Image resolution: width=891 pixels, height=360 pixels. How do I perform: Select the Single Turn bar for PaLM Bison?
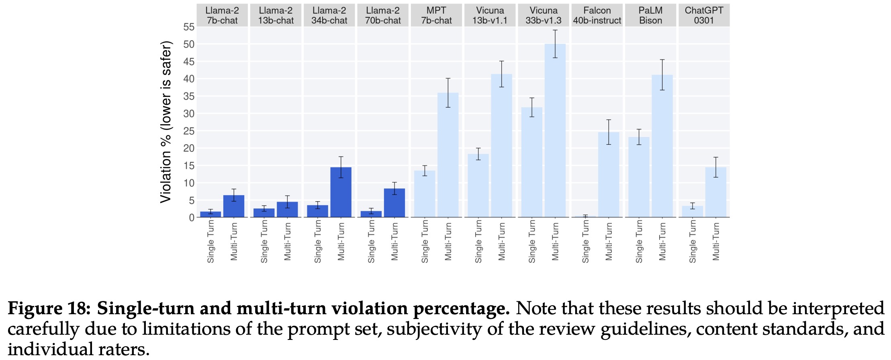[639, 177]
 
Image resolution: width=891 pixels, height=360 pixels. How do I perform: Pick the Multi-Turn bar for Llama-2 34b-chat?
[341, 192]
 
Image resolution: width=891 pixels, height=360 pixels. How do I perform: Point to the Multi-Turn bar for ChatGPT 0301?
[715, 192]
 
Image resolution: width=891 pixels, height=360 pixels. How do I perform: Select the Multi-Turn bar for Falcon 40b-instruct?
[609, 175]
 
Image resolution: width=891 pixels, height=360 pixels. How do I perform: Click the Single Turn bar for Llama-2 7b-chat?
[210, 214]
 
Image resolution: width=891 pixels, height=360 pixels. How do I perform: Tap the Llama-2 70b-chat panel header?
[383, 15]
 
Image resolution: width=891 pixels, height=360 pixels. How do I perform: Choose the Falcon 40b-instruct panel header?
[597, 15]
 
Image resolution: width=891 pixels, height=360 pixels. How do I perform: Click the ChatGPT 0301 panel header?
[704, 15]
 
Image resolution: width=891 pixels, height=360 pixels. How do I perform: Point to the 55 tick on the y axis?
[189, 27]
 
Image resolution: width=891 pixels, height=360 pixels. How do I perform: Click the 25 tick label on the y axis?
[189, 131]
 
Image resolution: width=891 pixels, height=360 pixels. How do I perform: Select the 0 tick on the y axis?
[192, 217]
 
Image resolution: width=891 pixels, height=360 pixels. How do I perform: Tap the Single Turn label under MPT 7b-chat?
[425, 241]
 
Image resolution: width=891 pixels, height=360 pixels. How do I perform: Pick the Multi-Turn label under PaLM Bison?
[662, 241]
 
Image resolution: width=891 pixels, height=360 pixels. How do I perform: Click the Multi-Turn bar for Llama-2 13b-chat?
[287, 210]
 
